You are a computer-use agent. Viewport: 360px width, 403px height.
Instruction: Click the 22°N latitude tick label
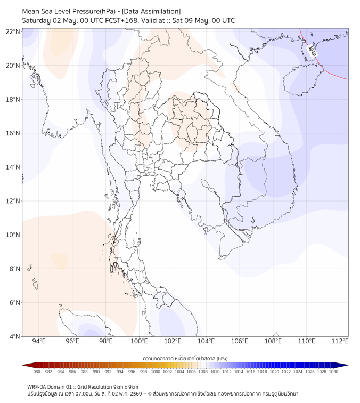13,31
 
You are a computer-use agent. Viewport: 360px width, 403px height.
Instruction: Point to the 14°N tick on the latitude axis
13,167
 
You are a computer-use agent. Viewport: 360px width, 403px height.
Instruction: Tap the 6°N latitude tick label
14,302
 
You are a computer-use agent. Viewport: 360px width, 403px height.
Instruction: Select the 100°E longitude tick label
140,341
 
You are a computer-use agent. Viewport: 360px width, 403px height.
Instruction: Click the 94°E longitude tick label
39,341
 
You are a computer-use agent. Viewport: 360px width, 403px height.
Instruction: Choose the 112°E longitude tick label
340,341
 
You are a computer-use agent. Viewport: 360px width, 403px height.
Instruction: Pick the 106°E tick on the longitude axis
240,341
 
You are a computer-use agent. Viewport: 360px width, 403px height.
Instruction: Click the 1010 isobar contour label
312,51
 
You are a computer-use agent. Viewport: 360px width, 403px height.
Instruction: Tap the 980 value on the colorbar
37,372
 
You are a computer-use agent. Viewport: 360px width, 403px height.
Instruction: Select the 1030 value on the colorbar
333,372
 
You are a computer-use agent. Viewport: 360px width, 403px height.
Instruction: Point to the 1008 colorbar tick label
203,372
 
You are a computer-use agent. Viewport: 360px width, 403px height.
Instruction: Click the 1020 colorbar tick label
274,372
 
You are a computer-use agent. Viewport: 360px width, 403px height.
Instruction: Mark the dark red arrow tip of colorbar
23,365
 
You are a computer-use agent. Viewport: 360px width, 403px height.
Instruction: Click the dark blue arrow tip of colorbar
348,365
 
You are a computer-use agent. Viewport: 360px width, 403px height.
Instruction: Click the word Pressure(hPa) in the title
94,11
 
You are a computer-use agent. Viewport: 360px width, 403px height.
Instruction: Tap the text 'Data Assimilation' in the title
151,11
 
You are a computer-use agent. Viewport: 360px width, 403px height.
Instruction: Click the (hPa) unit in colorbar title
222,358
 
